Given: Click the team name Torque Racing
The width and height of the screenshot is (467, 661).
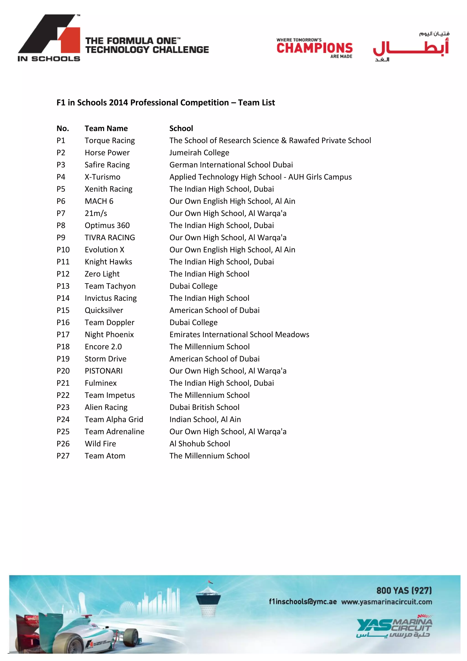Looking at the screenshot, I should (x=109, y=141).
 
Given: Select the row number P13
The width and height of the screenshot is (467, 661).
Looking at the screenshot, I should (x=63, y=286).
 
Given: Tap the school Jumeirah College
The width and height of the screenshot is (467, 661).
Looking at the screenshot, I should (x=199, y=153).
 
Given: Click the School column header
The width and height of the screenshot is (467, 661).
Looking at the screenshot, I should (x=181, y=129).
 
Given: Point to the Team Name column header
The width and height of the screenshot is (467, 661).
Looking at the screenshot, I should (x=106, y=129).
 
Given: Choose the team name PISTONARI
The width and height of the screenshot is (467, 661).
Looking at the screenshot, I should (x=104, y=371).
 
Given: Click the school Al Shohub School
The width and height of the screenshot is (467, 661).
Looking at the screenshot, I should (x=200, y=444).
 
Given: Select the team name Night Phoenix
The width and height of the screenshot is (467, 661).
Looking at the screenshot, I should (x=109, y=335).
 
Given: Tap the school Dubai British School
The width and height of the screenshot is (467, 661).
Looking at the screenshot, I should (x=204, y=407).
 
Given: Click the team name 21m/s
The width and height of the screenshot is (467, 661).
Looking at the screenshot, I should (x=96, y=213).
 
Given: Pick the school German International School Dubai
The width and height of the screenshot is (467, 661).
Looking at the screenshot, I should (x=231, y=165).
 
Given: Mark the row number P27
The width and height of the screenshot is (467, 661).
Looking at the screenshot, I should (x=63, y=456).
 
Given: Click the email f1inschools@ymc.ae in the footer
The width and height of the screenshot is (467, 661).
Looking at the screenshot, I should (x=303, y=602).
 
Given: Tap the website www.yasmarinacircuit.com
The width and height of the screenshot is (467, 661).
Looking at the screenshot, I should (x=387, y=602).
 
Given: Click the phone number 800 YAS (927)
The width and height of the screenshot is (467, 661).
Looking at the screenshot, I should (x=404, y=590).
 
